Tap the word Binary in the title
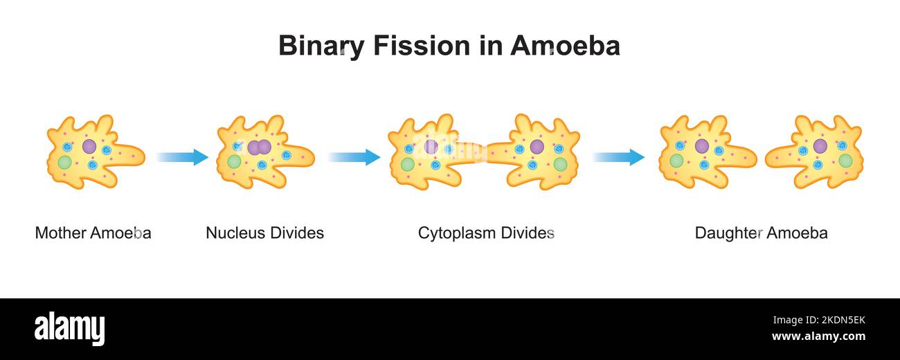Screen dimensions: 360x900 [321, 46]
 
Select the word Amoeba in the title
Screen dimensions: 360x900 [565, 46]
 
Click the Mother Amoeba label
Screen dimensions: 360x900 [93, 233]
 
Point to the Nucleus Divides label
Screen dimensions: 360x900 [264, 233]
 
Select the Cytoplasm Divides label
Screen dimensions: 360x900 [486, 233]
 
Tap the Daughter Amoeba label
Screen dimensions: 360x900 [761, 233]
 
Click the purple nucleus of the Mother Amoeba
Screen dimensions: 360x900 [89, 146]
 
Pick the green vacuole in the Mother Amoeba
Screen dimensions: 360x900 [64, 163]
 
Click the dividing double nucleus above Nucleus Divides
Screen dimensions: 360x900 [259, 147]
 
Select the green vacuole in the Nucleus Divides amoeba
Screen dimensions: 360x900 [235, 161]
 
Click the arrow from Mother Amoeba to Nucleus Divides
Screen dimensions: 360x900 [182, 157]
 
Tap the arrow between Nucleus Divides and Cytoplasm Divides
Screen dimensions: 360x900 [354, 157]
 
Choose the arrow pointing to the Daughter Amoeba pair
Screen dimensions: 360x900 [618, 157]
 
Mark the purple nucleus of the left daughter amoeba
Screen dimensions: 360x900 [701, 146]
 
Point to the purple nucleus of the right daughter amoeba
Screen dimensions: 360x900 [820, 146]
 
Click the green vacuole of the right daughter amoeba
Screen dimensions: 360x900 [845, 161]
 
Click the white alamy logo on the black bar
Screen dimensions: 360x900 [69, 328]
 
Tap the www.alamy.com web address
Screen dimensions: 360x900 [818, 337]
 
